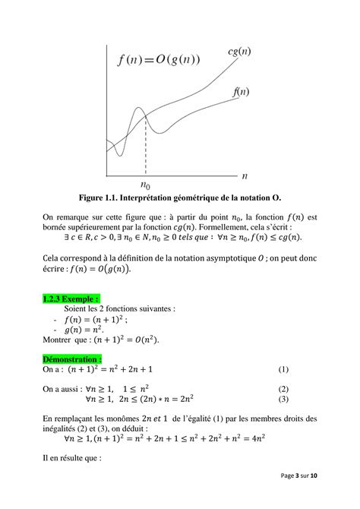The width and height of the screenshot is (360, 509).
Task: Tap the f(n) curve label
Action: click(x=240, y=93)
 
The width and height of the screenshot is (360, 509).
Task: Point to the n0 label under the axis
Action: click(x=145, y=185)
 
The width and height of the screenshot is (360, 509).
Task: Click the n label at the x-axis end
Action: click(x=245, y=176)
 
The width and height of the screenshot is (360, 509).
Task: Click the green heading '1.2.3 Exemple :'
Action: click(x=72, y=299)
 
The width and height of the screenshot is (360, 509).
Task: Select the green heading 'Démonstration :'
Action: click(x=73, y=359)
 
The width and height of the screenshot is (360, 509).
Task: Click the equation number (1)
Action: click(x=283, y=369)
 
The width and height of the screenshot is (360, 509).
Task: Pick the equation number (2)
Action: click(x=283, y=388)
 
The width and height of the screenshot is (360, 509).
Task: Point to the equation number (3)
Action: click(x=283, y=399)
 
